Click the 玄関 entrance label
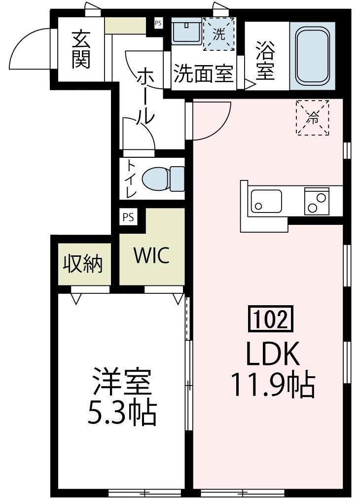coord(80,49)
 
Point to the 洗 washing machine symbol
coord(218,34)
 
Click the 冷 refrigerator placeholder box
coord(312,117)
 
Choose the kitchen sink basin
coord(266,201)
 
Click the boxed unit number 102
coord(270,320)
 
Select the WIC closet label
coord(151,255)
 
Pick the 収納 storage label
coord(82,264)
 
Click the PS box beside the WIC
coord(128,217)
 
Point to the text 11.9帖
coord(273,385)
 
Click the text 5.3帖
coord(122,414)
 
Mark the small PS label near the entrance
coord(158,23)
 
